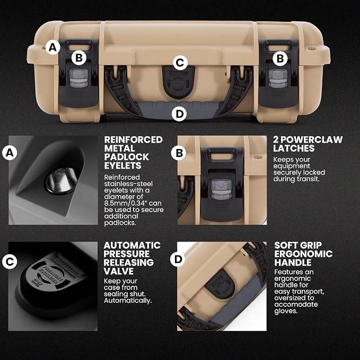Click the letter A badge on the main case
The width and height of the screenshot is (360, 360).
point(53,47)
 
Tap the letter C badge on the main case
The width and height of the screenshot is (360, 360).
point(180,63)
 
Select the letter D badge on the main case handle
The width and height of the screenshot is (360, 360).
point(179,113)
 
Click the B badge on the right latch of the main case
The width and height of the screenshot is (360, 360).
point(280,58)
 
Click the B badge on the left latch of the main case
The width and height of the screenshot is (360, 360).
point(79,58)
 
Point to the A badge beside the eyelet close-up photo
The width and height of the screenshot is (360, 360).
point(10,153)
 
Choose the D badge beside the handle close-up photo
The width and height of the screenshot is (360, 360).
point(178,259)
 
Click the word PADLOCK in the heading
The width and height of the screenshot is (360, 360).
point(127,157)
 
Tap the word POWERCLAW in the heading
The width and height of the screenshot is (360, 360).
point(312,140)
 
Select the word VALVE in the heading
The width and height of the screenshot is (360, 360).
point(118,271)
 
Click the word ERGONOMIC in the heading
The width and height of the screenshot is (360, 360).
point(303,254)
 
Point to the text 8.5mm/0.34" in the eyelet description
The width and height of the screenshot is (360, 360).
point(133,203)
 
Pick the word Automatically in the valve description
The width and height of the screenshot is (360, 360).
point(128,301)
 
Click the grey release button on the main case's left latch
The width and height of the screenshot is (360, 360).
point(79,78)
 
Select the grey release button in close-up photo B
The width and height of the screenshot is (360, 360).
point(222,189)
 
